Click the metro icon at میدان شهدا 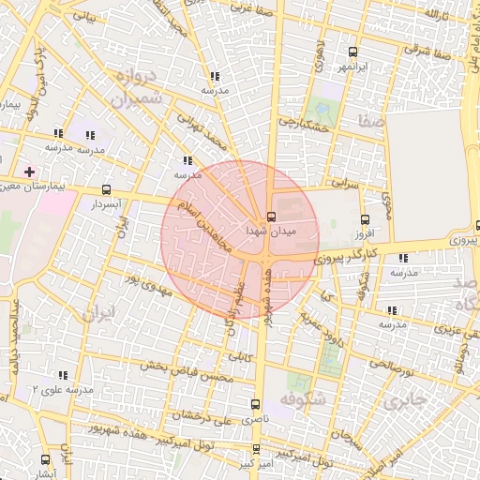coord(272,215)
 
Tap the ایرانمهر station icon coord(352,52)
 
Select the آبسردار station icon coord(105,189)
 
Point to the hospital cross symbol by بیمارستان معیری coord(29,172)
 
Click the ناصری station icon coord(255,404)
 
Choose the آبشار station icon coord(46,459)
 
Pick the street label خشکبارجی coord(300,122)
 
